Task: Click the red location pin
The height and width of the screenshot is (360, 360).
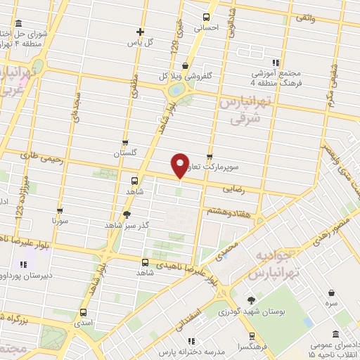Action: (181, 165)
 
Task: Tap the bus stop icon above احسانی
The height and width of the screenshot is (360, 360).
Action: (207, 18)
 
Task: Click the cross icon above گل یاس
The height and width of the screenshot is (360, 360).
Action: (141, 32)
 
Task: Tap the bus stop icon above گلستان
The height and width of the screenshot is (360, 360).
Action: (124, 143)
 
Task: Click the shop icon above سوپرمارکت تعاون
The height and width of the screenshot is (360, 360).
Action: (210, 157)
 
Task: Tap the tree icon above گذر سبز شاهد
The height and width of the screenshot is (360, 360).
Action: (127, 214)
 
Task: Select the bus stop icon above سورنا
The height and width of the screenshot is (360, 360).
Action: (59, 210)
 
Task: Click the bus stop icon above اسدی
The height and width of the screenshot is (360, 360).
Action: (84, 313)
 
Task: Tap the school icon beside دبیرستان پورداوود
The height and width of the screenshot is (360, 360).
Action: (22, 265)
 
